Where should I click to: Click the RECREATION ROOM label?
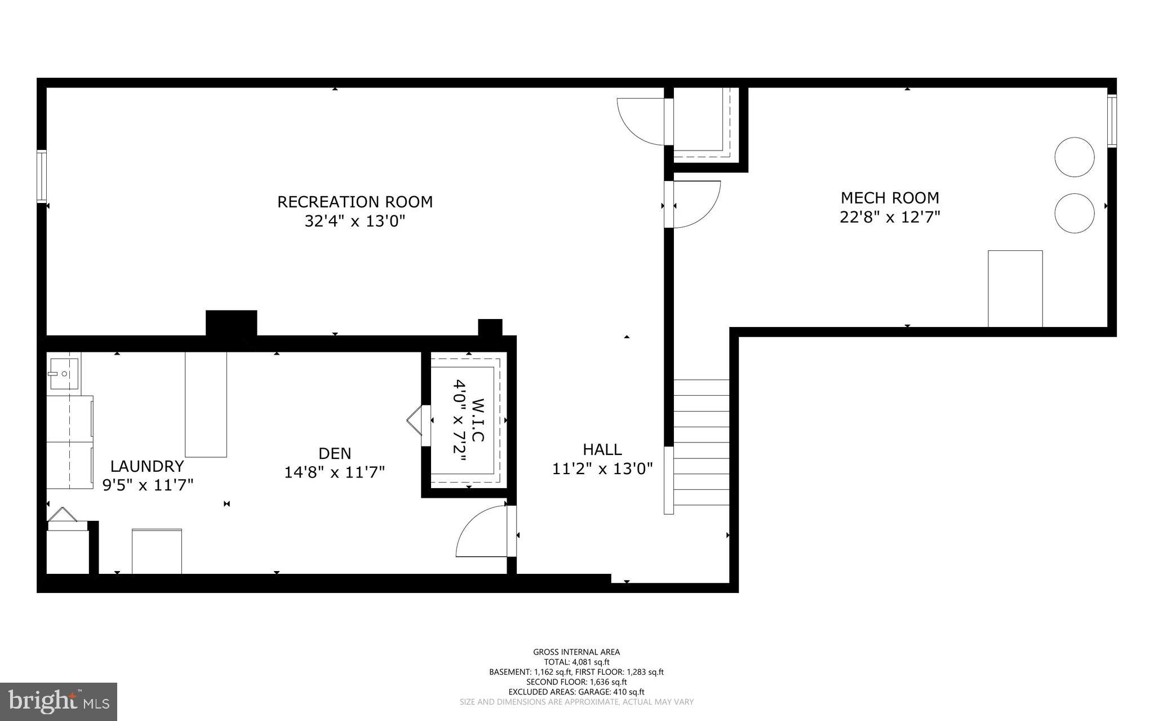click(354, 202)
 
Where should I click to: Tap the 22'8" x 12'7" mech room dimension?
click(890, 217)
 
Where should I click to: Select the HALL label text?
click(602, 449)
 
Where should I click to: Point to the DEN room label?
click(335, 453)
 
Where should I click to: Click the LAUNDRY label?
click(147, 466)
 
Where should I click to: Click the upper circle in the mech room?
click(1074, 157)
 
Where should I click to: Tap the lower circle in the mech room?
click(1074, 213)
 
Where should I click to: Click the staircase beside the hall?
click(702, 443)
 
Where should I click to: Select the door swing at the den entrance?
click(482, 532)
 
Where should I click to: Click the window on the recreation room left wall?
click(41, 176)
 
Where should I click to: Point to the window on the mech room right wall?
click(1111, 121)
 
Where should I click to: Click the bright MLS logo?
click(59, 701)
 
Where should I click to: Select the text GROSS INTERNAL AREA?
click(576, 652)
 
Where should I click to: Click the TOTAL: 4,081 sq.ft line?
click(576, 662)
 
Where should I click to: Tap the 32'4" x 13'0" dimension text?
click(354, 221)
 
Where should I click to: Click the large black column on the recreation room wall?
click(231, 324)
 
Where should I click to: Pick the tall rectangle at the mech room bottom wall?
click(1015, 289)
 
